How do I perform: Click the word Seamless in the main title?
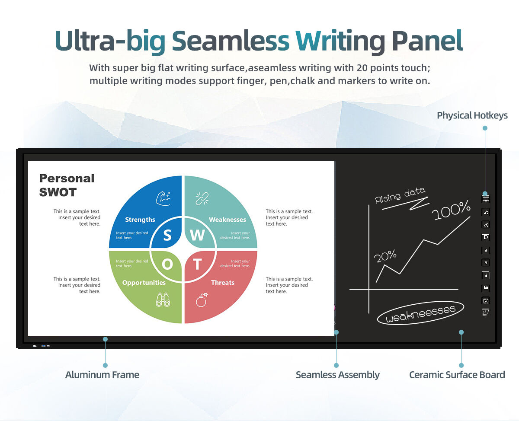coord(231,41)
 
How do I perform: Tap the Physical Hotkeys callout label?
coord(472,115)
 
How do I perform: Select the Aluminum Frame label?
coord(102,375)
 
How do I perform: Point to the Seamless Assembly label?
coord(337,375)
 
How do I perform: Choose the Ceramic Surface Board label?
coord(457,375)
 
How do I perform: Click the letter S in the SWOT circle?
coord(167,235)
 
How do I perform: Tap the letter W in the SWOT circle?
coord(197,235)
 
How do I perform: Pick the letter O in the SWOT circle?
coord(167,264)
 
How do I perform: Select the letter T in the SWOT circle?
coord(197,264)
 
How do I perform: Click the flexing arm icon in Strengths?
coord(163,198)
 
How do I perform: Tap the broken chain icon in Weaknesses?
coord(202,198)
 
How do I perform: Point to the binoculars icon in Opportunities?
coord(163,300)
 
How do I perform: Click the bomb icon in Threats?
coord(202,300)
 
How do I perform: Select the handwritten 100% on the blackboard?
coord(451,210)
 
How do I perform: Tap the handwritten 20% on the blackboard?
coord(385,256)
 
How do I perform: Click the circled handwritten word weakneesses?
coord(420,313)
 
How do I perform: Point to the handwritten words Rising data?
coord(400,195)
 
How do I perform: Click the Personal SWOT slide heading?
coord(67,185)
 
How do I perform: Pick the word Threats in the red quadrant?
coord(223,282)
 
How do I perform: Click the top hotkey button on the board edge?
coord(485,199)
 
